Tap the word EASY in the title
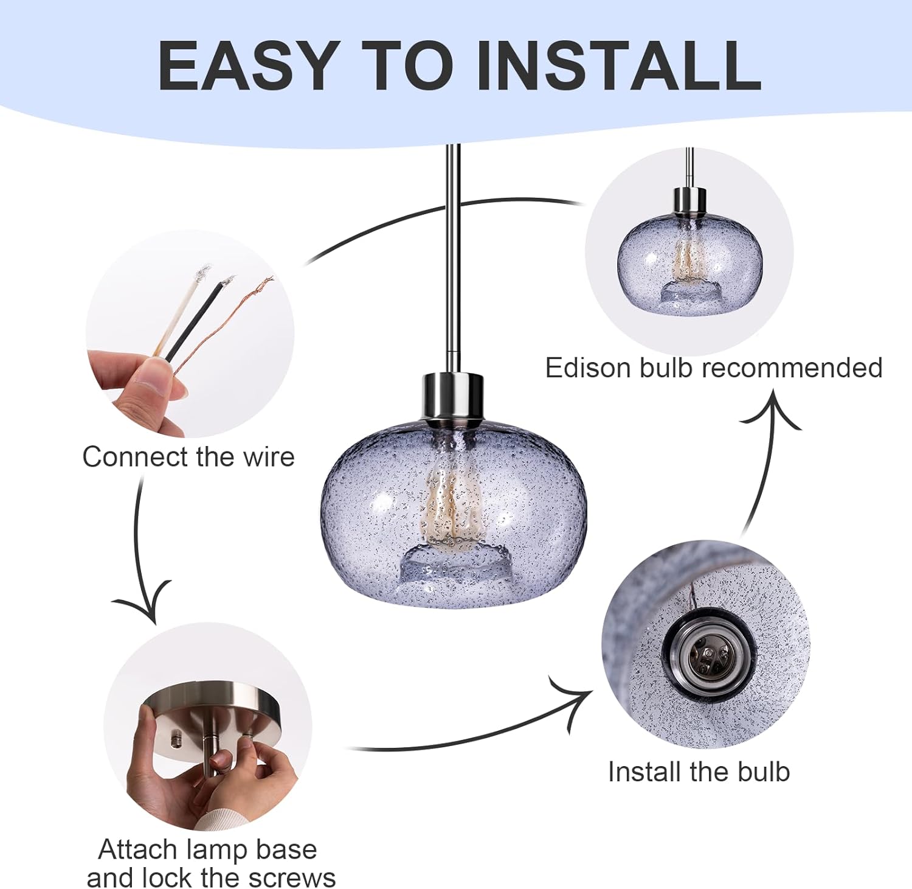click(247, 65)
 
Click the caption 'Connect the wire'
click(188, 456)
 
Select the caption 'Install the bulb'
click(699, 772)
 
